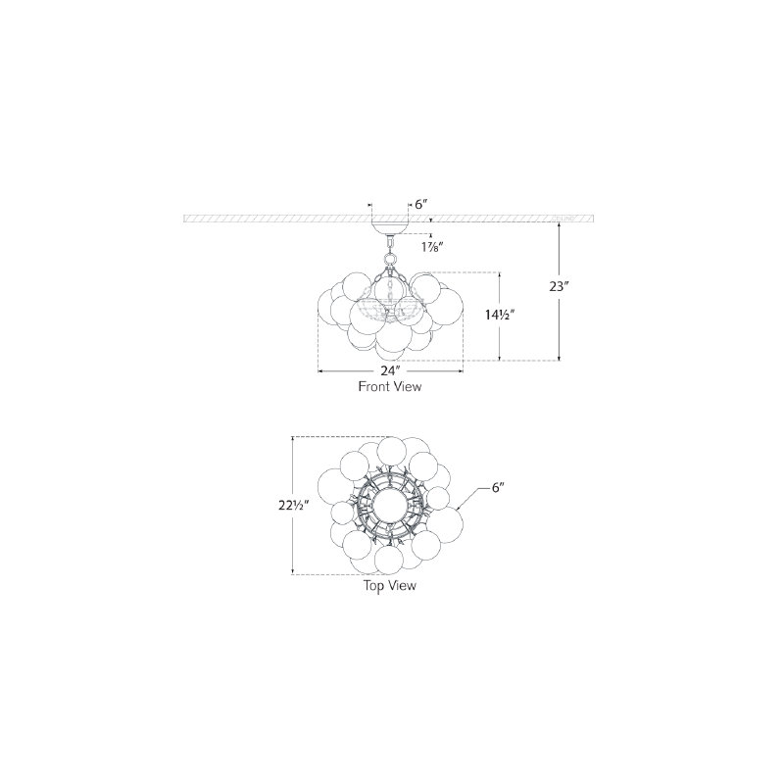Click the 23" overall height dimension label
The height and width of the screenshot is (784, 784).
pos(560,287)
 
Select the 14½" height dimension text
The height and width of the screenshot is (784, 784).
pos(500,315)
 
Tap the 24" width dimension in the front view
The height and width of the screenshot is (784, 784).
pos(390,371)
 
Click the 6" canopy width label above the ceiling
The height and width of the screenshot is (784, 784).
pos(422,205)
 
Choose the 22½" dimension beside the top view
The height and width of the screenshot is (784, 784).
pos(291,506)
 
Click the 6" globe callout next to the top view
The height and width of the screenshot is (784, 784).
pos(497,487)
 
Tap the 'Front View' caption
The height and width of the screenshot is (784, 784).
pos(389,386)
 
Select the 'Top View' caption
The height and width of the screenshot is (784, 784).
pos(389,585)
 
